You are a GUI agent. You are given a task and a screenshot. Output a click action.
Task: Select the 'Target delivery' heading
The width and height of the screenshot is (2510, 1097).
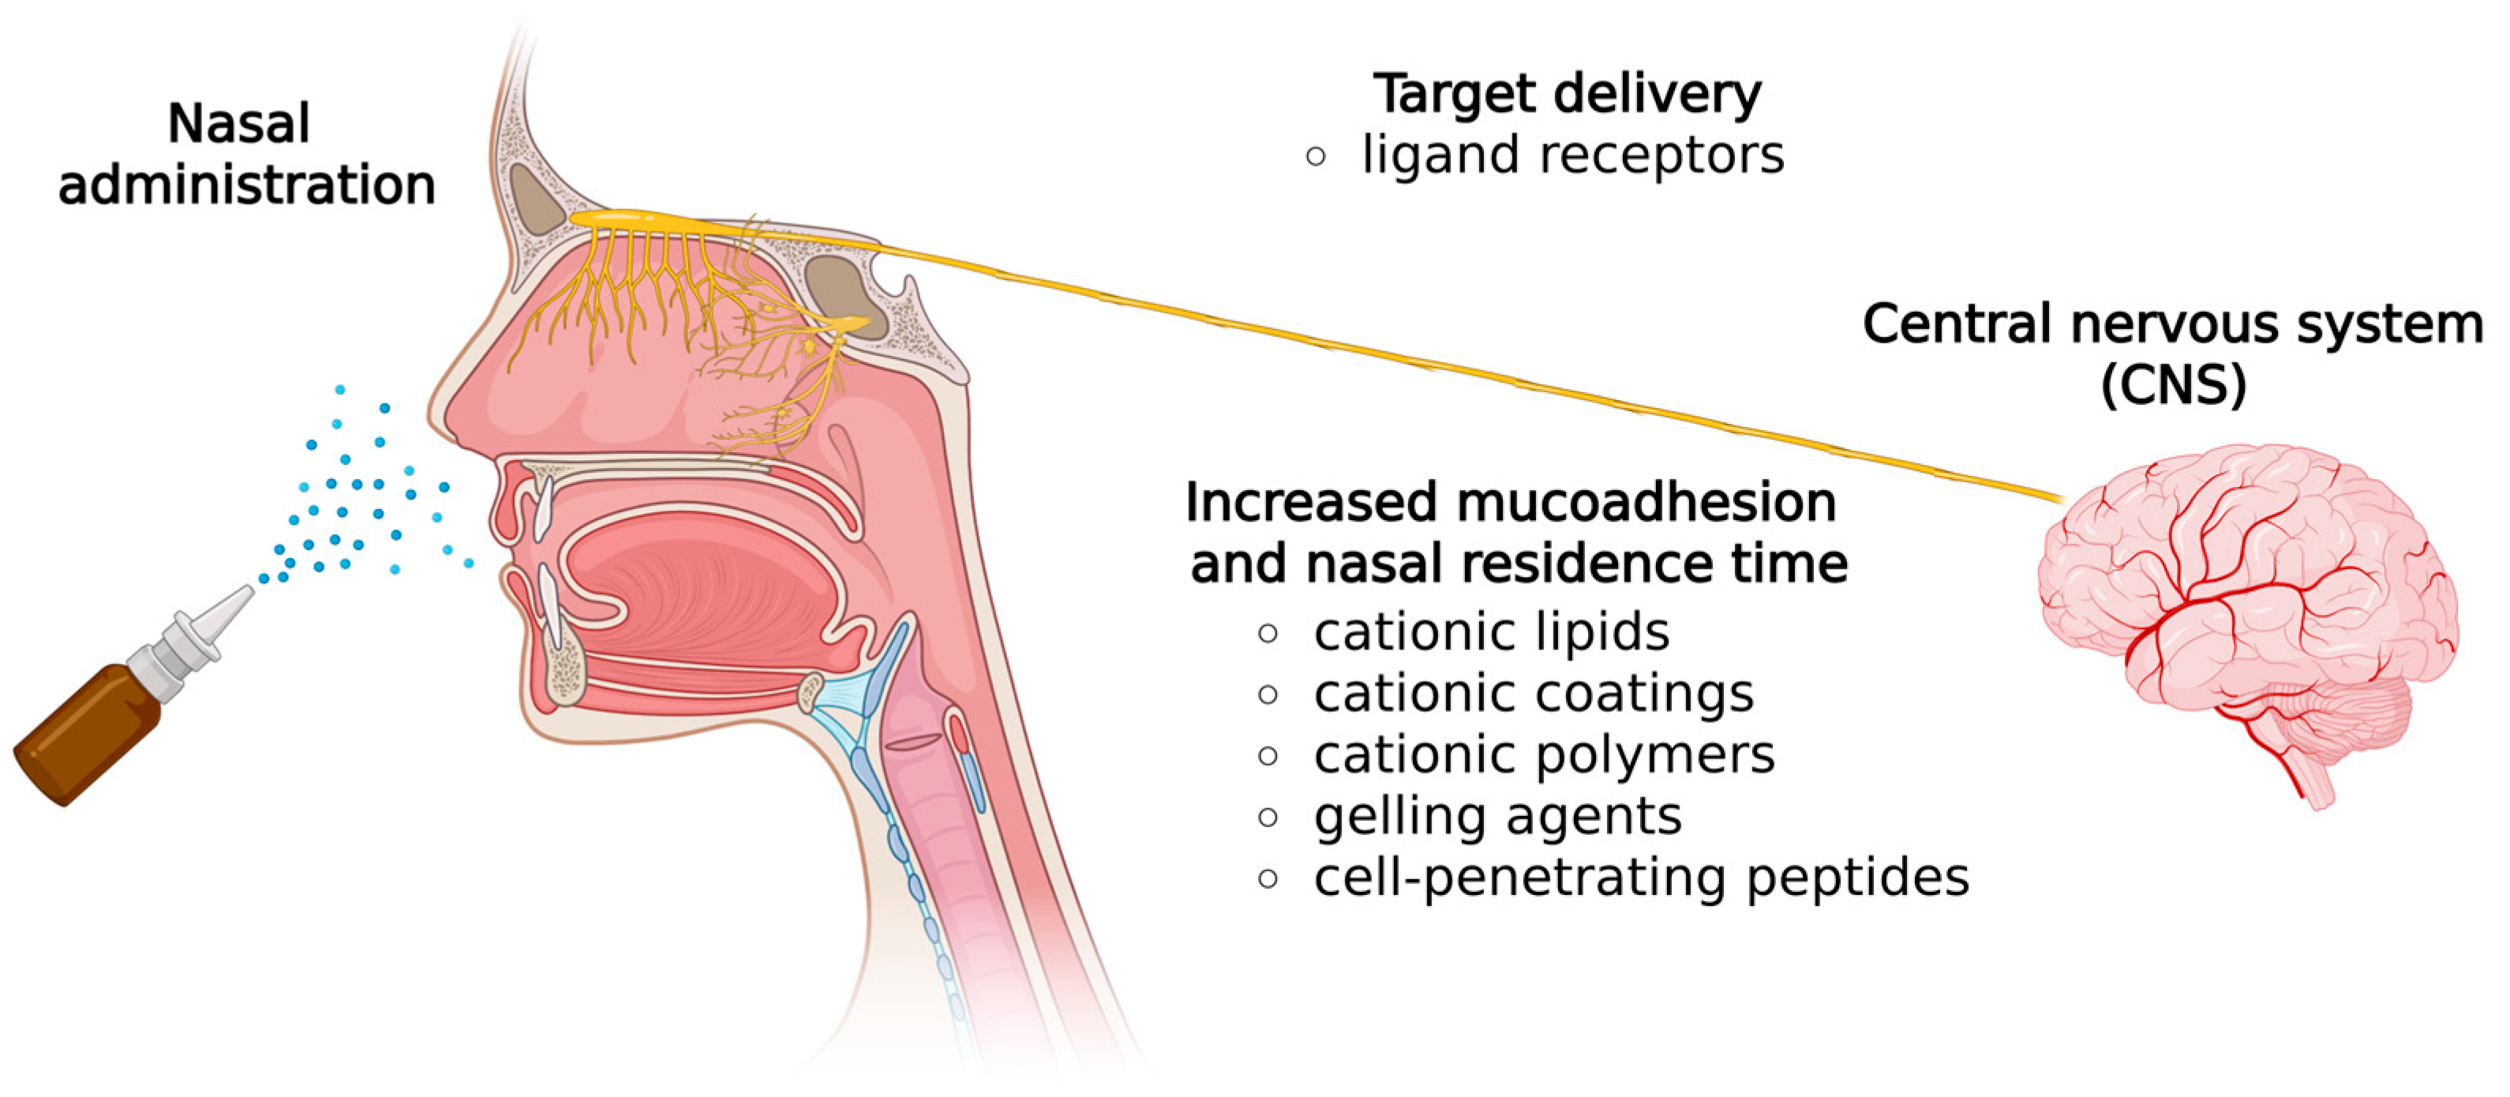pos(1567,95)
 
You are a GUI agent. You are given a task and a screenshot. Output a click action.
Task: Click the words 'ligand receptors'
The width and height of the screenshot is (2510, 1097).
pos(1572,155)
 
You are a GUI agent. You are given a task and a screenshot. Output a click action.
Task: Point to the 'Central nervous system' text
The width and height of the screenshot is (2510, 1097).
pos(2173,324)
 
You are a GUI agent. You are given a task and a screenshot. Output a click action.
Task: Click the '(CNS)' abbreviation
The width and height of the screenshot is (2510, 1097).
pos(2173,385)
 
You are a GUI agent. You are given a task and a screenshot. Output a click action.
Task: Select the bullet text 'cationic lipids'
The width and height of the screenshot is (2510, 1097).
pos(1491,632)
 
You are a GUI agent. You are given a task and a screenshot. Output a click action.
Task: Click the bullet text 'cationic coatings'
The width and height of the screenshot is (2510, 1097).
pos(1534,694)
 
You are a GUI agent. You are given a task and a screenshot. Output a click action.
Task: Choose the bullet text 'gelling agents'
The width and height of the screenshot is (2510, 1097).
pos(1497,816)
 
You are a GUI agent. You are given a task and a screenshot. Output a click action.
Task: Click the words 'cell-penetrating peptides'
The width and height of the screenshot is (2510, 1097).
pos(1641,878)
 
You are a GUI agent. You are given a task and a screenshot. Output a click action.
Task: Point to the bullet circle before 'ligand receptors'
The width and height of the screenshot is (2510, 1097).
pos(1316,156)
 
